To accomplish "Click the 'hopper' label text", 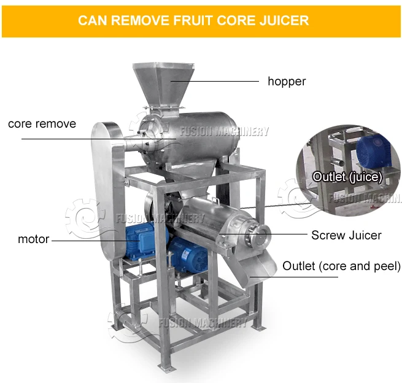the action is click(286, 81).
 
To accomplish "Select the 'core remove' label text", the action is click(42, 123).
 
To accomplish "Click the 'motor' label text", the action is click(33, 239).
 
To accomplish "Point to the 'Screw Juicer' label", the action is click(346, 235).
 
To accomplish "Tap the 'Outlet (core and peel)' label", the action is click(341, 266).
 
